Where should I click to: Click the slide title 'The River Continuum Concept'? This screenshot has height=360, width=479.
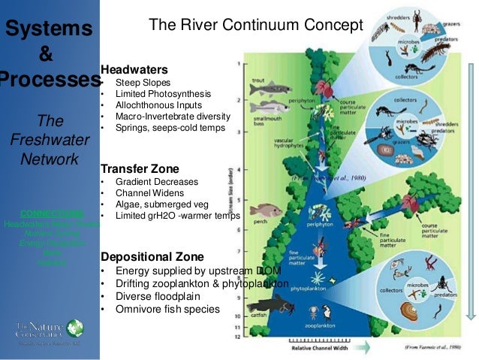click(x=255, y=25)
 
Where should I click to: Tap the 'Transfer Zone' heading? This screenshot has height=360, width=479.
click(x=140, y=169)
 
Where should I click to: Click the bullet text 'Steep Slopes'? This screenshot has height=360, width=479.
click(x=143, y=82)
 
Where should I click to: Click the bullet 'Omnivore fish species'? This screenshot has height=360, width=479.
click(x=167, y=309)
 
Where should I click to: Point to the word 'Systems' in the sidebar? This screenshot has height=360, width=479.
click(x=49, y=29)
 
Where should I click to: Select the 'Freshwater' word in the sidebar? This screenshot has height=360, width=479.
click(x=49, y=140)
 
